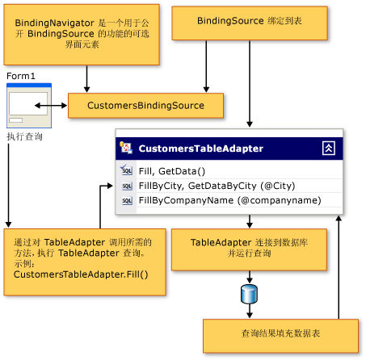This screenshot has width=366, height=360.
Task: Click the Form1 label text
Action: [21, 75]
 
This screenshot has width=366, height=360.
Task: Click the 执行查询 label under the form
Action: [24, 137]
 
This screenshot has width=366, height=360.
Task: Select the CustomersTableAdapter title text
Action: [200, 149]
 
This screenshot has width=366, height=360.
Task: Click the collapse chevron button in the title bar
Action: [329, 148]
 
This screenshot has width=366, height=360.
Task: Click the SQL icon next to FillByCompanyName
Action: [127, 201]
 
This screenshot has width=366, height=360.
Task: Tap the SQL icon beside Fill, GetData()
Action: [127, 171]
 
